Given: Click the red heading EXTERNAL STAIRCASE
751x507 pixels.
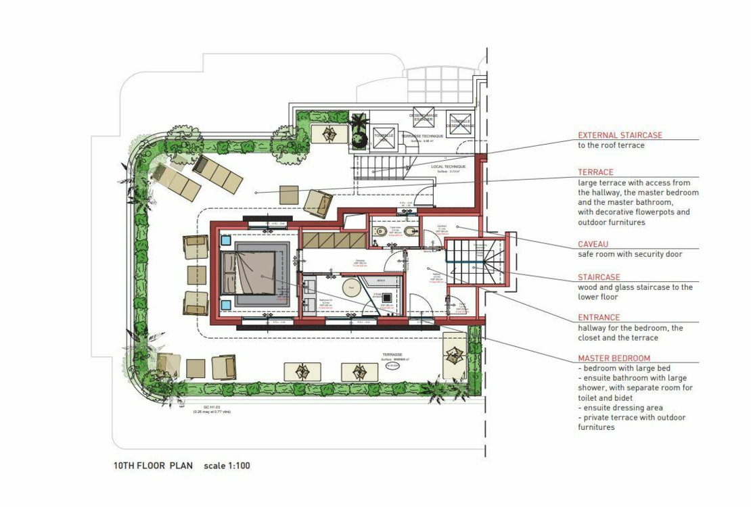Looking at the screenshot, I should pyautogui.click(x=620, y=135).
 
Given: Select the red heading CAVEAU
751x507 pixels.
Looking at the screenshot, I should pyautogui.click(x=593, y=244).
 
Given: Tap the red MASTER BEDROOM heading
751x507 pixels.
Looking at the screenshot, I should pyautogui.click(x=614, y=358).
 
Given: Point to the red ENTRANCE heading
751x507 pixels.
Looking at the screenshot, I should pyautogui.click(x=599, y=318).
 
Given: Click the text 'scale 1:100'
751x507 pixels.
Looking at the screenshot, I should pyautogui.click(x=227, y=466).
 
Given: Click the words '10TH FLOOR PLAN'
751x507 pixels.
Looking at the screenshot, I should pyautogui.click(x=153, y=466).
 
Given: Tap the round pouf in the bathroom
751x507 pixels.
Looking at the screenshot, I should pyautogui.click(x=351, y=287).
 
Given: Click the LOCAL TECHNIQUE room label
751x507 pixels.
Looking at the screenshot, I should pyautogui.click(x=449, y=166).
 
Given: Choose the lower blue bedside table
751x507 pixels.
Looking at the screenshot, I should pyautogui.click(x=225, y=304).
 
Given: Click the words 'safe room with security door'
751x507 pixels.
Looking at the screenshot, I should pyautogui.click(x=630, y=254).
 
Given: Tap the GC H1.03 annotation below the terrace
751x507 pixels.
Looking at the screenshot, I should pyautogui.click(x=212, y=408).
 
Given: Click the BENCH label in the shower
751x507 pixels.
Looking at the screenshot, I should pyautogui.click(x=381, y=280).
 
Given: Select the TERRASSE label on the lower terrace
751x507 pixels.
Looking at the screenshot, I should pyautogui.click(x=392, y=354).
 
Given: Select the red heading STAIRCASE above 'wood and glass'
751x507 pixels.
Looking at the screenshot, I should pyautogui.click(x=599, y=277).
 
